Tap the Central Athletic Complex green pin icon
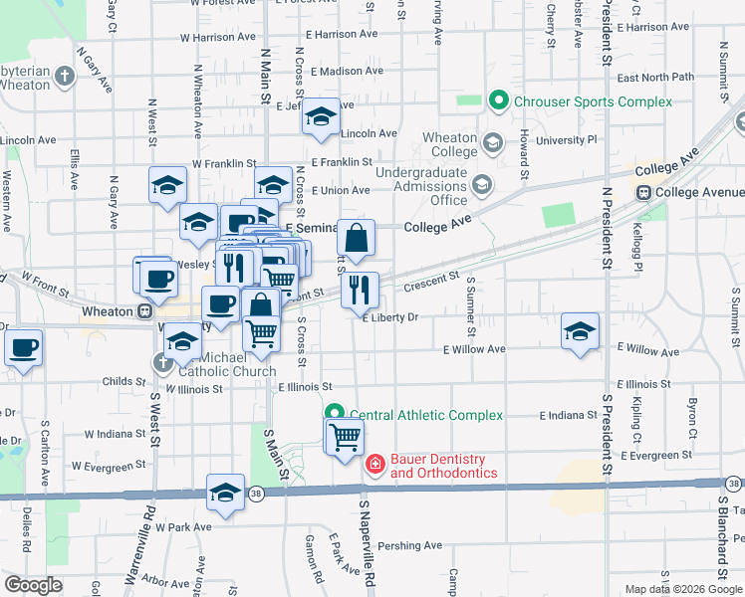pos(334,414)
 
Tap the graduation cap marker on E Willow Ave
pos(580,332)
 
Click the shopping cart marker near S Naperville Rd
pos(345,437)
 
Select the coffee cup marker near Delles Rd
pos(24,349)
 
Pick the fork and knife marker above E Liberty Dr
pos(360,291)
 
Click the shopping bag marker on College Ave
pos(356,238)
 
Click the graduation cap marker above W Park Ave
pos(226,493)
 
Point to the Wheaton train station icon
pos(145,311)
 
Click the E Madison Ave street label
pos(347,72)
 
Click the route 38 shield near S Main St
pos(258,493)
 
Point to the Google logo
pos(32,585)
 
